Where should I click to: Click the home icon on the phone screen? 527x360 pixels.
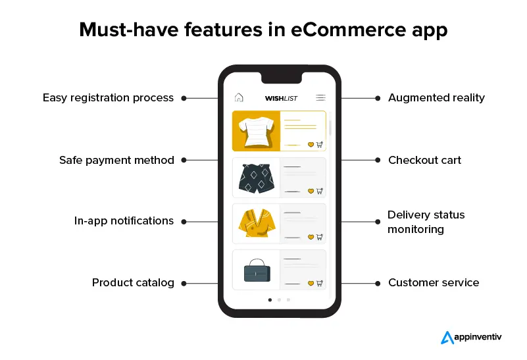pos(239,97)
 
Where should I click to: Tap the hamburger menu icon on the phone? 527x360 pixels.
pos(320,97)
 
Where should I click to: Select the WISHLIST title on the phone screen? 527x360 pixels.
pos(281,98)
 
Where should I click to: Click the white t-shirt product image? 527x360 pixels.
pos(256,132)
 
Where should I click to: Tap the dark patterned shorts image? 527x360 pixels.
pos(257,178)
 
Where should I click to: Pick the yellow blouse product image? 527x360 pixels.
pos(257,223)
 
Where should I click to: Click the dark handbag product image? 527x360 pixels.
pos(257,270)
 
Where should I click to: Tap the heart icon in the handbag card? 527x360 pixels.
pos(311,284)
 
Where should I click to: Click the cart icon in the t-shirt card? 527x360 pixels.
pos(320,145)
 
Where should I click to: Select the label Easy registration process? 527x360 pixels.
pos(108,98)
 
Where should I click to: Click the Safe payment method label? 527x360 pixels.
pos(116,161)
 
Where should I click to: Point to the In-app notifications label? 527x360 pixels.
pos(124,221)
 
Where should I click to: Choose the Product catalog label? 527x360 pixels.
pos(133,283)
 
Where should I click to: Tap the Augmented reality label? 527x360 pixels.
pos(437,98)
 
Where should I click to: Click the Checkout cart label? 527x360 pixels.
pos(425,161)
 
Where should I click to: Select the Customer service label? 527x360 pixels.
pos(434,283)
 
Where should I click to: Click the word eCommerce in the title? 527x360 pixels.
pos(349,30)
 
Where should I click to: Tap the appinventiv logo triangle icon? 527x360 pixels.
pos(447,338)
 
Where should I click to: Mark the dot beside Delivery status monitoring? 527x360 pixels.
pos(378,222)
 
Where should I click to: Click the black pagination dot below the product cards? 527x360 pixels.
pos(270,300)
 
